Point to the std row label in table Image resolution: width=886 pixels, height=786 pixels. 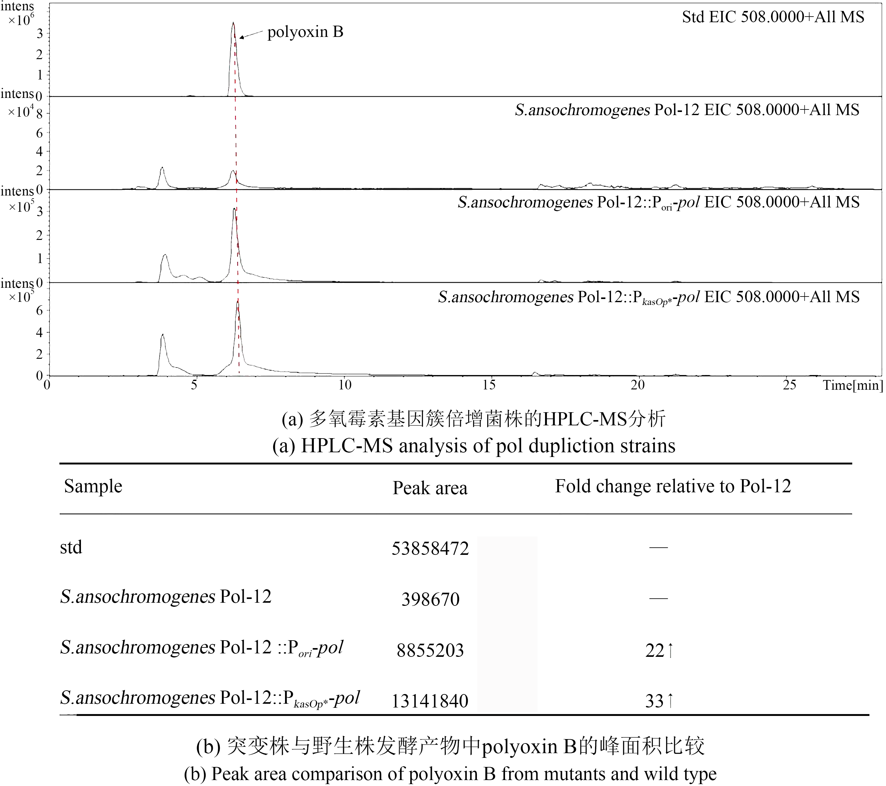click(x=71, y=547)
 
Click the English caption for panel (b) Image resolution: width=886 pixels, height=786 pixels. click(x=450, y=774)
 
